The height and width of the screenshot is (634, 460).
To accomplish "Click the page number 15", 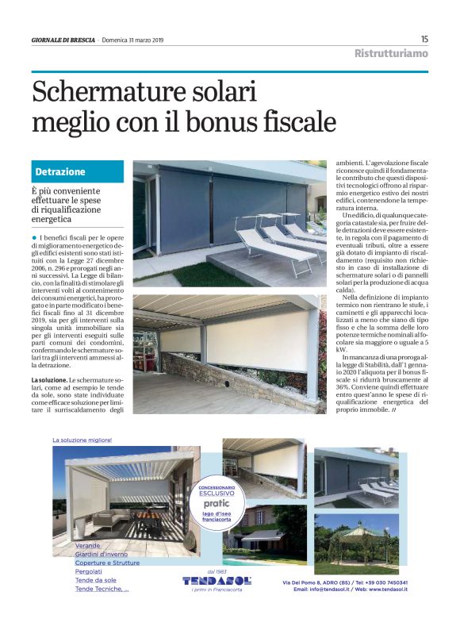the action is [x=424, y=39].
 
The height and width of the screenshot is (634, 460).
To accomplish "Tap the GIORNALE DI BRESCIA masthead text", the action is [x=63, y=40].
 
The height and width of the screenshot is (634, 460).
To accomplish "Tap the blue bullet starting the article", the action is [x=35, y=237].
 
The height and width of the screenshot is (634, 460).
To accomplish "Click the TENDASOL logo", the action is [x=217, y=581].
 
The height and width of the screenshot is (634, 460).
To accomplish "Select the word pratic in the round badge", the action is [x=217, y=503].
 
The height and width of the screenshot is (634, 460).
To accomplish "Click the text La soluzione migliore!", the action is [x=82, y=440].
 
